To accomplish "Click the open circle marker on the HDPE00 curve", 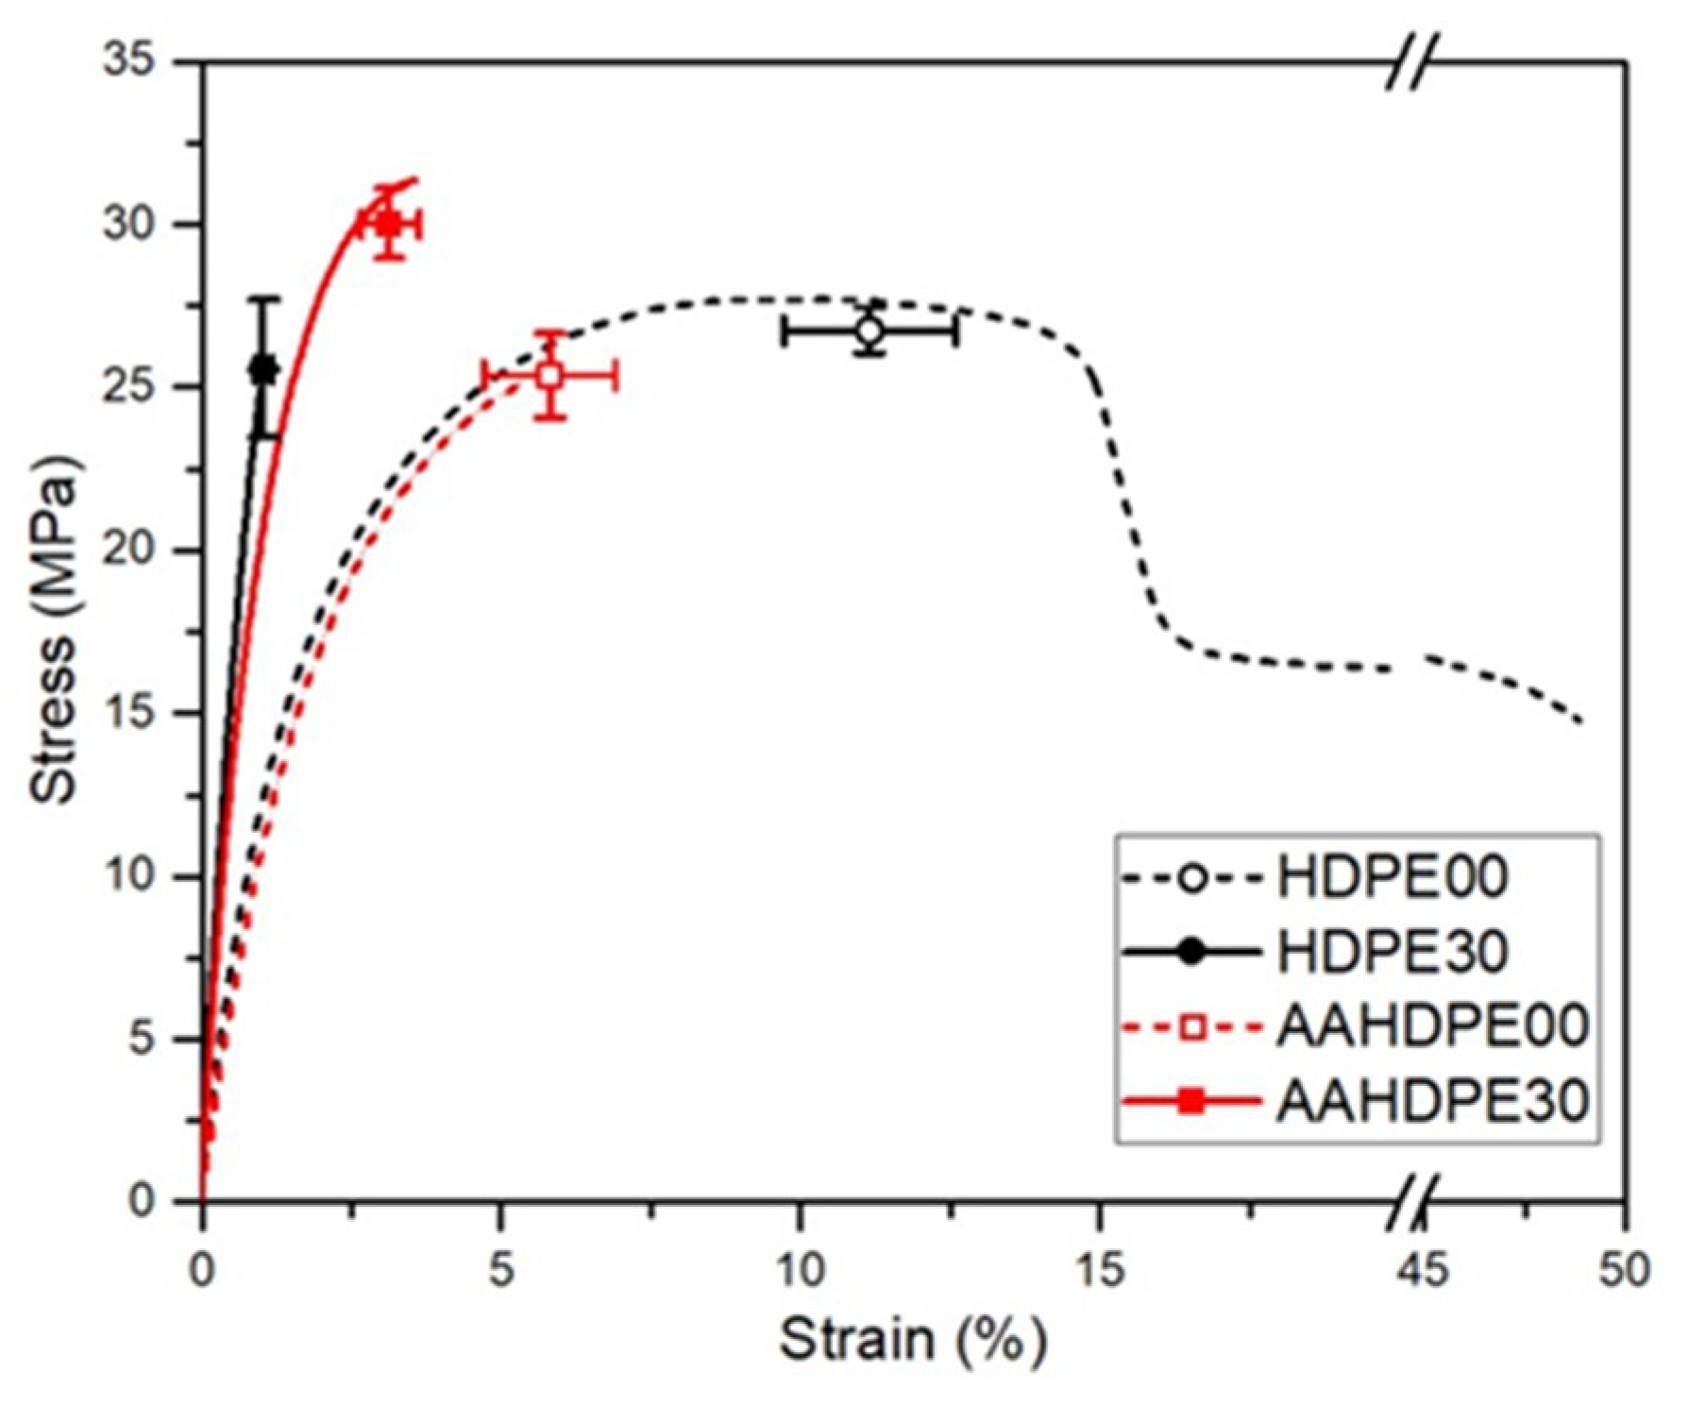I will point(870,331).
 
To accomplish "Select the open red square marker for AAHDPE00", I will point(549,376).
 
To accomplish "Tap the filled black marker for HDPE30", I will point(263,369).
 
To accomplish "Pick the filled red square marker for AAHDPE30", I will point(389,225).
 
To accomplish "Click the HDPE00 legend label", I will point(1392,877).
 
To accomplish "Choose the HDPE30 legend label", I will point(1392,951).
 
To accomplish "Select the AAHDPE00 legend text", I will point(1431,1026).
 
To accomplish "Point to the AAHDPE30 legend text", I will point(1431,1100).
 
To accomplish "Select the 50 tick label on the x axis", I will point(1624,1270).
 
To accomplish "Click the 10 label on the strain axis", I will point(800,1270).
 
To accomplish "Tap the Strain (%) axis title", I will point(912,1340).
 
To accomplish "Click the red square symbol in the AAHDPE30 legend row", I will point(1192,1100).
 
